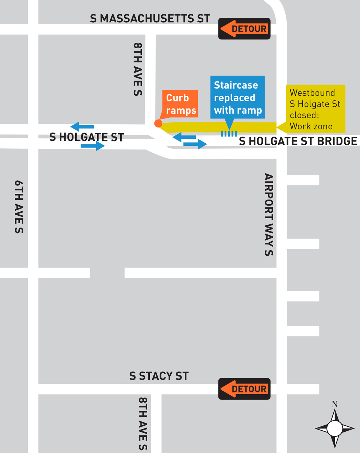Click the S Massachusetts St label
[150, 18]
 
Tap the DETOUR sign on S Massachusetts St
[244, 29]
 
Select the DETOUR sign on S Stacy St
[244, 389]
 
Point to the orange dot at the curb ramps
[158, 124]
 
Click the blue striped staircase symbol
[229, 134]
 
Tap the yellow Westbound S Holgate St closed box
[315, 109]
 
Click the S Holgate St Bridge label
[298, 141]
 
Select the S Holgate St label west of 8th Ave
[86, 137]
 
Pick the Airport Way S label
[269, 215]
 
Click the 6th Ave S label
[19, 207]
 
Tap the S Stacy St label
[159, 376]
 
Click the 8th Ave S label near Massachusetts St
[138, 69]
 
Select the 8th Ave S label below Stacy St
[143, 423]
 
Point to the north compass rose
[335, 429]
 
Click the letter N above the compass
[335, 404]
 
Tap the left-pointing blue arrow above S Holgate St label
[82, 126]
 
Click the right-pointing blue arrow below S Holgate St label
[93, 146]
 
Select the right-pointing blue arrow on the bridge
[195, 144]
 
